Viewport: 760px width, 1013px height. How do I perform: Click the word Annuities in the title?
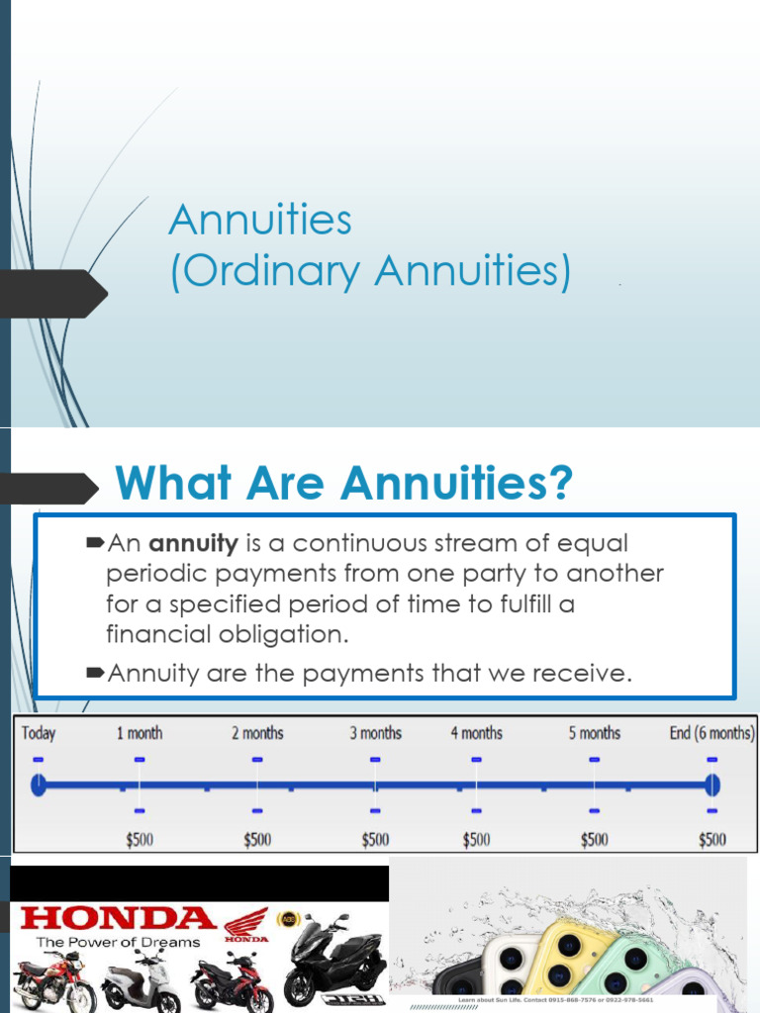tap(260, 220)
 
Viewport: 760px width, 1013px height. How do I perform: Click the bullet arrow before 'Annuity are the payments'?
tap(95, 674)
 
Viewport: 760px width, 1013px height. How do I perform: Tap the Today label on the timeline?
tap(38, 733)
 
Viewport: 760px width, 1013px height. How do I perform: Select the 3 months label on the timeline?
tap(375, 733)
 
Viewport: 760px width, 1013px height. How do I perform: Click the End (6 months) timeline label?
tap(712, 733)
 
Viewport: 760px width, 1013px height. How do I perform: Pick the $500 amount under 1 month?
tap(140, 840)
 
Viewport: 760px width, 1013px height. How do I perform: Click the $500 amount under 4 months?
tap(476, 840)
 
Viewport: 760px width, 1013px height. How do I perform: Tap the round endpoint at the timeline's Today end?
tap(38, 785)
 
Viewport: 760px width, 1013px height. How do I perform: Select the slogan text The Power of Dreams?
tap(118, 943)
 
